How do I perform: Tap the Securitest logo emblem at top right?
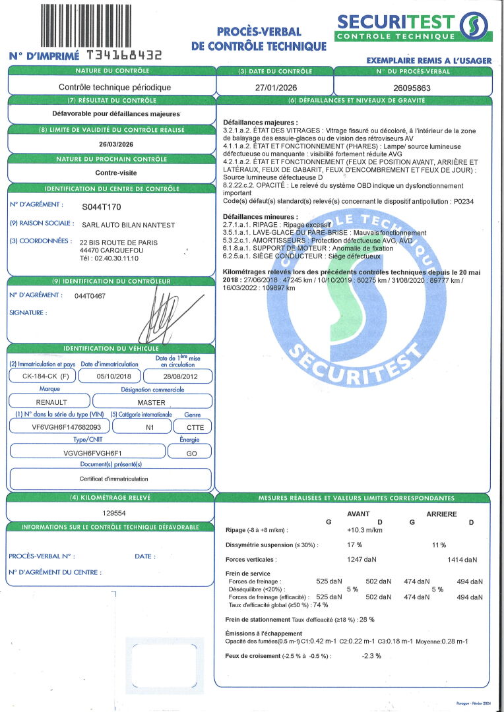[x=474, y=27]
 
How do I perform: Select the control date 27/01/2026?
[x=274, y=87]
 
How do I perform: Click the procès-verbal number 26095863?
[x=412, y=87]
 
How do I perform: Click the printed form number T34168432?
[x=124, y=56]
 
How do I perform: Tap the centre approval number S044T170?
[x=102, y=206]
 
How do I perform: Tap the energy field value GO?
[x=189, y=453]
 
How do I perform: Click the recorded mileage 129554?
[x=115, y=512]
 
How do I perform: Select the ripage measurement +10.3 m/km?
[x=365, y=530]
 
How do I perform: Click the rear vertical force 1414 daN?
[x=462, y=560]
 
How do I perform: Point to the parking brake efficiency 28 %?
[x=367, y=620]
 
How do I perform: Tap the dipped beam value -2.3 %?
[x=371, y=656]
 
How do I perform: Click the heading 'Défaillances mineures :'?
[x=261, y=216]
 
